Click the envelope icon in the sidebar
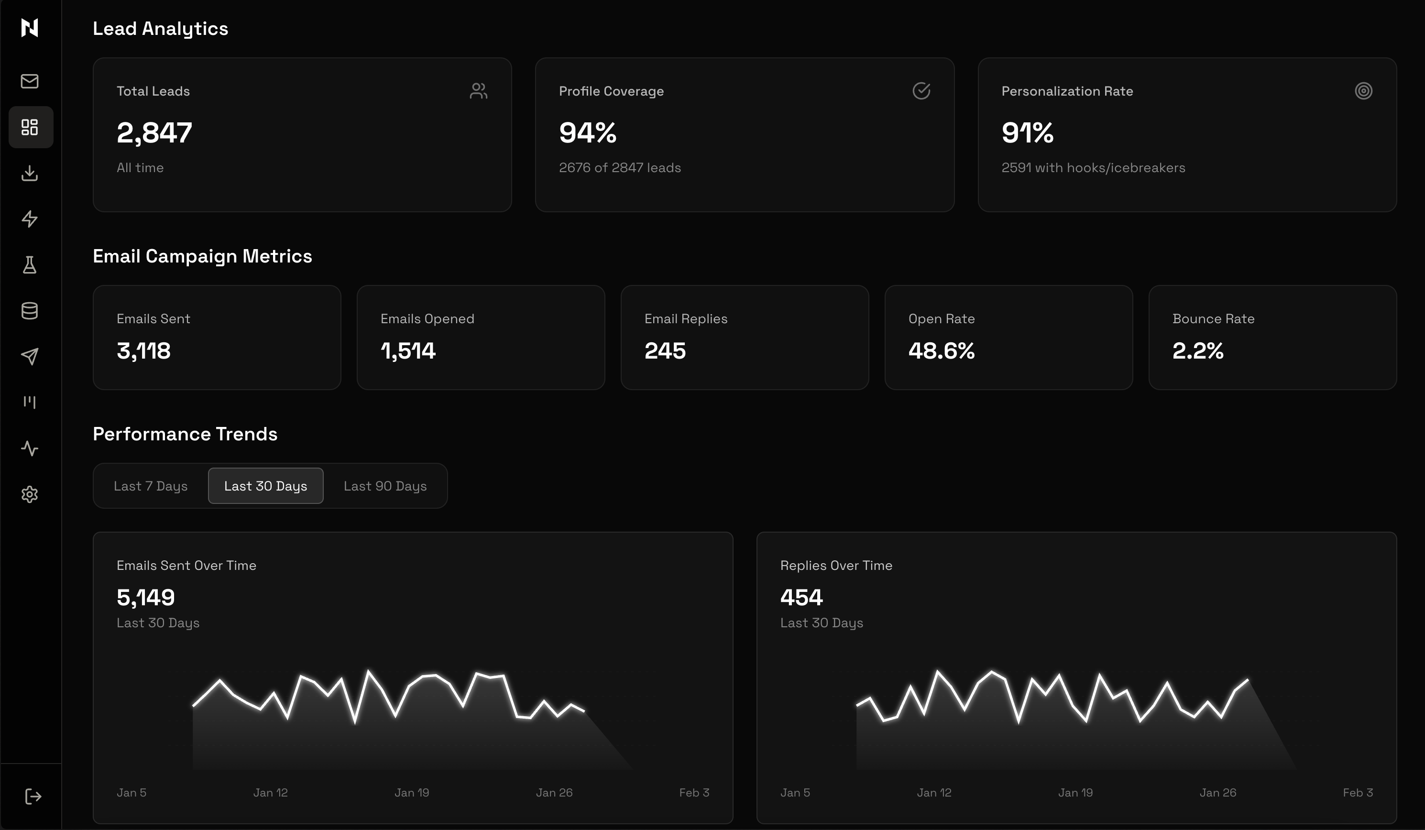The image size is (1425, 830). click(x=29, y=81)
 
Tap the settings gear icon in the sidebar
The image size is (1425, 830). click(x=29, y=495)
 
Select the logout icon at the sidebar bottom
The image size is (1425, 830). click(x=33, y=797)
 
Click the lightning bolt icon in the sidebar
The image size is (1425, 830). click(x=29, y=219)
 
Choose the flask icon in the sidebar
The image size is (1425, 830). click(x=29, y=264)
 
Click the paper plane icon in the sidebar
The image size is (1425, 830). click(x=29, y=356)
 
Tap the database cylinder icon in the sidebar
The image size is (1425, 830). click(x=29, y=310)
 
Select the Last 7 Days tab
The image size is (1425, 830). click(x=151, y=486)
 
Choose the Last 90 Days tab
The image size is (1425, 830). click(x=385, y=486)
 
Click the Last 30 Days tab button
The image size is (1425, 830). click(x=265, y=486)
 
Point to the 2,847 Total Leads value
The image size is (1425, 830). click(x=154, y=133)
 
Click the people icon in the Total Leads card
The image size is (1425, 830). click(x=478, y=91)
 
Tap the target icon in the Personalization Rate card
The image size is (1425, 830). click(x=1363, y=91)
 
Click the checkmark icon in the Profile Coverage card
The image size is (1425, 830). click(x=921, y=91)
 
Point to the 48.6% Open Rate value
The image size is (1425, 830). click(x=942, y=351)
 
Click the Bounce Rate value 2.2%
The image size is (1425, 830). click(x=1198, y=351)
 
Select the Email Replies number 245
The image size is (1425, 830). click(x=665, y=351)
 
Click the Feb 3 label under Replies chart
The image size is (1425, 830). click(x=1358, y=793)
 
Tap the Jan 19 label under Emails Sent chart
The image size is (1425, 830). click(x=412, y=793)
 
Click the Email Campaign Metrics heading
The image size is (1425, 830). click(x=202, y=256)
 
